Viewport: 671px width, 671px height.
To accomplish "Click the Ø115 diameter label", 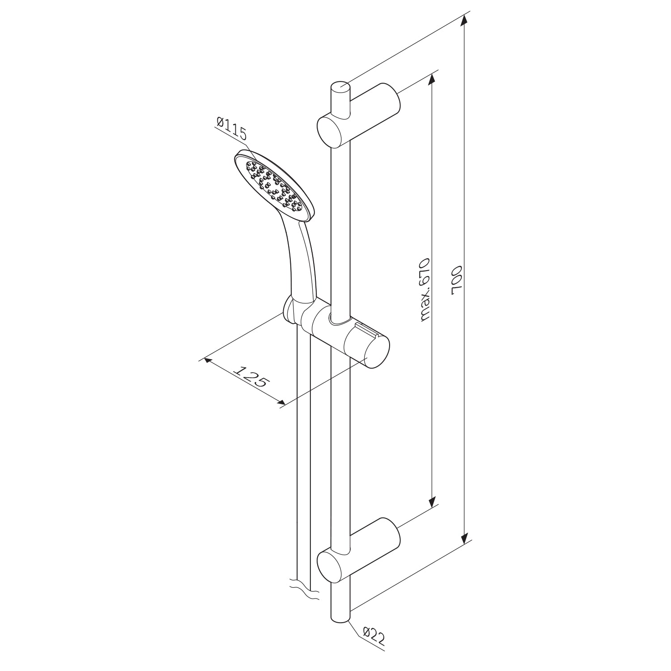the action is click(232, 127).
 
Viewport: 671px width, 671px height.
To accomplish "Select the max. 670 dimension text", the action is click(425, 289).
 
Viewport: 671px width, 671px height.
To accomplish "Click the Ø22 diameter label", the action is click(374, 637).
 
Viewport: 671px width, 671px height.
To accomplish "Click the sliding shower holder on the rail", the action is click(340, 333).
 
